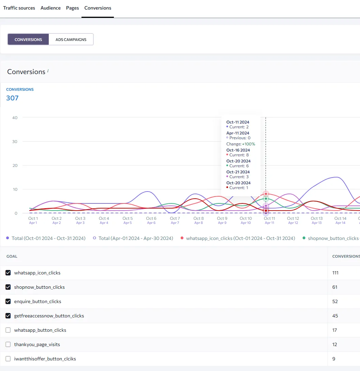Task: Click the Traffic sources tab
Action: pos(19,8)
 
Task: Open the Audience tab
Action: pos(50,8)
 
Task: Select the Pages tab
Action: pos(72,8)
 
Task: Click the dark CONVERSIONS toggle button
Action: pos(28,40)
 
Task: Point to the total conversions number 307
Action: pos(12,98)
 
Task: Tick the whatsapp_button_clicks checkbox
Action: pos(8,330)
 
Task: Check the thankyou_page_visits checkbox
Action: pos(8,344)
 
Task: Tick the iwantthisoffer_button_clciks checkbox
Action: pos(8,359)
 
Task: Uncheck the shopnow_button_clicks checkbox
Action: pos(8,287)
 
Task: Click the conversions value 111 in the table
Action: pos(335,273)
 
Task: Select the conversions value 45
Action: pos(335,316)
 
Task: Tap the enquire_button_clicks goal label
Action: pos(37,301)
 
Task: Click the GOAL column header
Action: pos(12,256)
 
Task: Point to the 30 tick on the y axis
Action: pos(15,142)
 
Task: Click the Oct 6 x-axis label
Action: pos(151,218)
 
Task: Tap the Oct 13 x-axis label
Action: pos(316,218)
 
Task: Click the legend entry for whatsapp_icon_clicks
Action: pos(238,238)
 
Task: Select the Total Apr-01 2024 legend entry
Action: pos(133,238)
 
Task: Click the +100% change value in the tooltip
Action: pos(249,144)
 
